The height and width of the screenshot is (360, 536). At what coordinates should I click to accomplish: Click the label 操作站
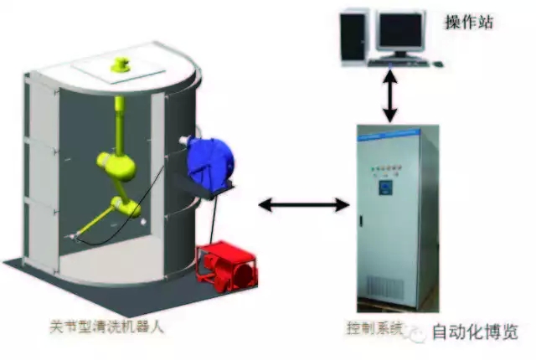click(x=468, y=20)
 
